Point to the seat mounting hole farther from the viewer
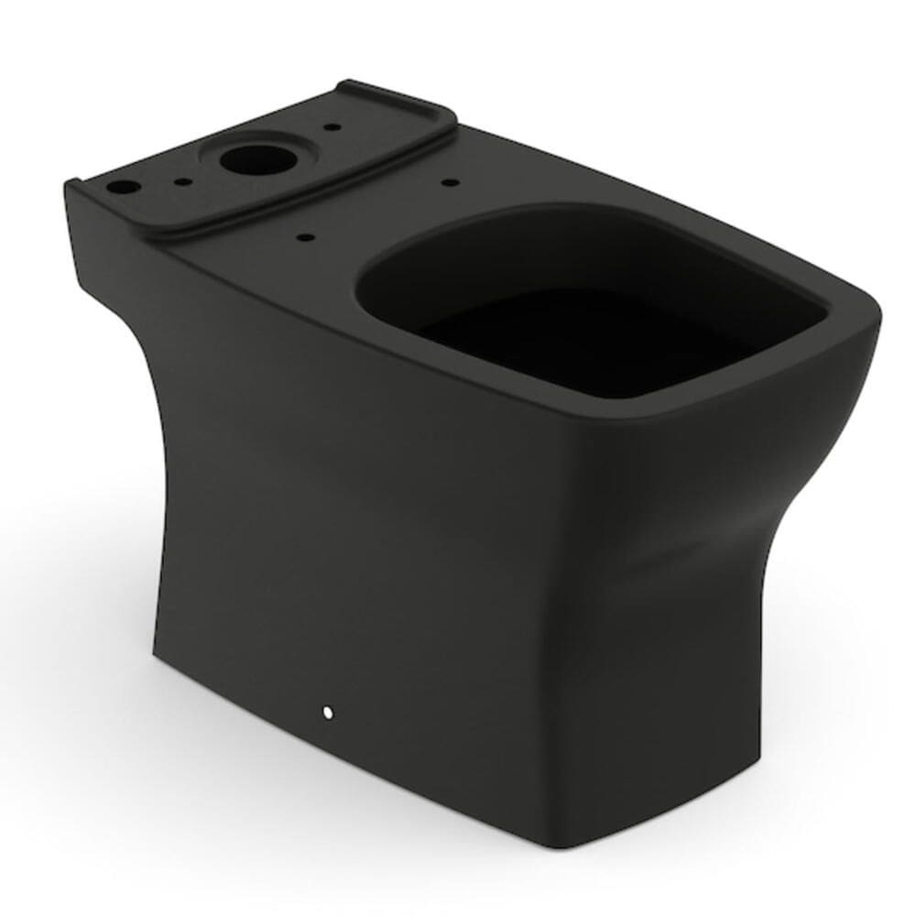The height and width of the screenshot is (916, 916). click(449, 183)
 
